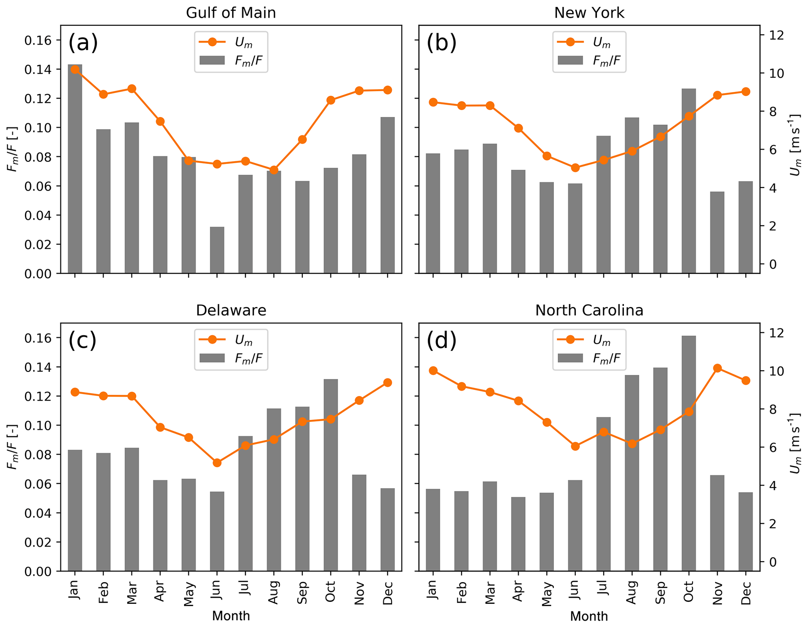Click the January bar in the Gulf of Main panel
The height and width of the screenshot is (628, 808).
point(75,168)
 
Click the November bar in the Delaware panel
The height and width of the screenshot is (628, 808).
point(359,523)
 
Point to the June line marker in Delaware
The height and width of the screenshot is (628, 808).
point(217,463)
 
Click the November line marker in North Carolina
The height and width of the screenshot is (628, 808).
point(717,368)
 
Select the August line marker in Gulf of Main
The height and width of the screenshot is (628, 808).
point(274,170)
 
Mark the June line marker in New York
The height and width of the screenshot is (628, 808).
point(575,168)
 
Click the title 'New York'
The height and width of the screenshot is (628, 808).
point(589,13)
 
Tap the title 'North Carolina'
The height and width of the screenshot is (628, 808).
point(589,310)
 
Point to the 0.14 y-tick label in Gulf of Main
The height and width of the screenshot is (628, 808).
point(38,70)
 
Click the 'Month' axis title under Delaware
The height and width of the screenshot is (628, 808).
point(231,616)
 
